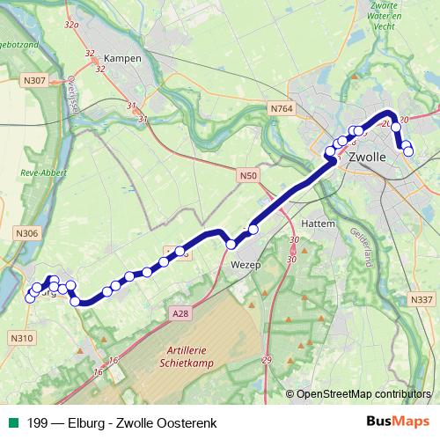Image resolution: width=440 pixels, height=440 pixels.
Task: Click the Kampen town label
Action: (x=122, y=58)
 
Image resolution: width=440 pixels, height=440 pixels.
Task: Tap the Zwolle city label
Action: (x=367, y=158)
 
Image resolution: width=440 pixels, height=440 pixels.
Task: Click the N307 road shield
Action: (x=34, y=80)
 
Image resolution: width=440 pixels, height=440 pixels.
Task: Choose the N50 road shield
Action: (x=248, y=176)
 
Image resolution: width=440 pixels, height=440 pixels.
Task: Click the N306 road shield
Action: (x=27, y=233)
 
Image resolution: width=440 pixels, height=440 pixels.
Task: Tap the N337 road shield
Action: (x=422, y=300)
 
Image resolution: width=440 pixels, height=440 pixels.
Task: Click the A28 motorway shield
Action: (x=181, y=312)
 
